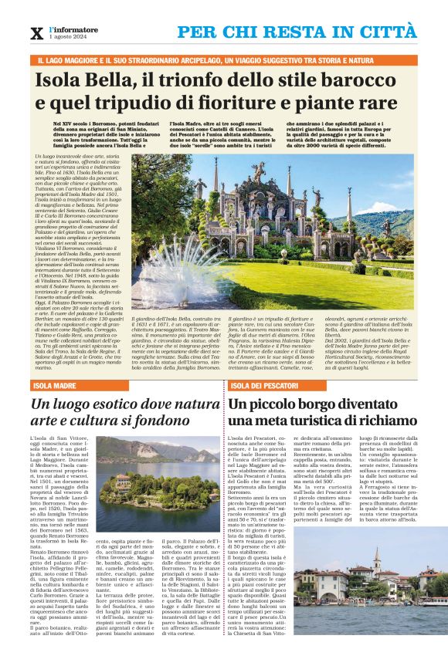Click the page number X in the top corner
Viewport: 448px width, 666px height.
(35, 33)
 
